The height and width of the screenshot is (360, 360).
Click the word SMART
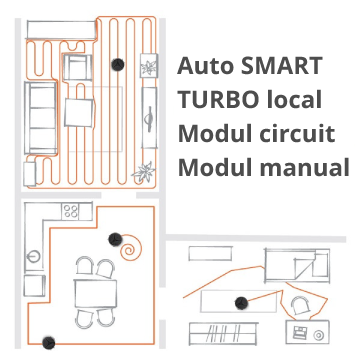click(x=281, y=66)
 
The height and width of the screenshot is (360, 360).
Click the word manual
click(x=304, y=167)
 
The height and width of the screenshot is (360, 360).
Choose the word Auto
click(x=206, y=66)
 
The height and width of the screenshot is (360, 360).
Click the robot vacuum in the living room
click(x=117, y=64)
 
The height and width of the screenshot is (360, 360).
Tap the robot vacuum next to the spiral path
click(x=115, y=239)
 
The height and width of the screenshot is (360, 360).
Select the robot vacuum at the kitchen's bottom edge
click(x=49, y=343)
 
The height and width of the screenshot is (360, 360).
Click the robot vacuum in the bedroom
click(x=241, y=303)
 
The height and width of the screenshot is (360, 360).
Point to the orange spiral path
click(x=132, y=247)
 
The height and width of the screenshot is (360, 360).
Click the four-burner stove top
click(x=71, y=211)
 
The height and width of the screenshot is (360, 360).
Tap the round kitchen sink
click(x=33, y=257)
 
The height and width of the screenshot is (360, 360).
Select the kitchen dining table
click(x=95, y=294)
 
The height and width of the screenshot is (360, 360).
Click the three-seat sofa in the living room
click(x=40, y=118)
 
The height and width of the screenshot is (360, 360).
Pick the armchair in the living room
click(x=77, y=67)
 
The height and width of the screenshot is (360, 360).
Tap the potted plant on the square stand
click(x=148, y=66)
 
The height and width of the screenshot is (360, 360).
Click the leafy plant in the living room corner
click(x=144, y=172)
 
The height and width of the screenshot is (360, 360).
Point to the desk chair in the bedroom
click(x=300, y=305)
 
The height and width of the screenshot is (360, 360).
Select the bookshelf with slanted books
click(x=223, y=333)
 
